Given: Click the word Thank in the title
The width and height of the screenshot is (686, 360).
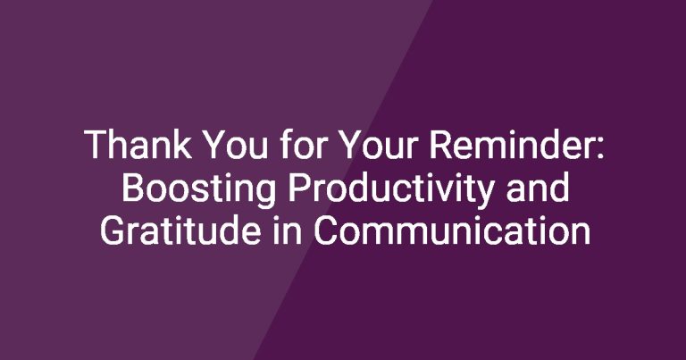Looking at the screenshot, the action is click(138, 145).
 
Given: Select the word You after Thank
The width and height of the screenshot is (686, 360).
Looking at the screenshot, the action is click(235, 145).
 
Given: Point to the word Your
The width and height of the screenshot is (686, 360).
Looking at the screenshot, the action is click(378, 145).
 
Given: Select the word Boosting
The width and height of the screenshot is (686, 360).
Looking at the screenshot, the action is click(198, 188).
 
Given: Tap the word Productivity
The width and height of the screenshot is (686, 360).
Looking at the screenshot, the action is click(390, 188).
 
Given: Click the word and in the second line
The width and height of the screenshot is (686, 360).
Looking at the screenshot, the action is click(537, 187).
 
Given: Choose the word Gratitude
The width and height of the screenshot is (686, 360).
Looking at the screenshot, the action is click(180, 230).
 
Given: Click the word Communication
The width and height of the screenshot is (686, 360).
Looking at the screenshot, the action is click(452, 230).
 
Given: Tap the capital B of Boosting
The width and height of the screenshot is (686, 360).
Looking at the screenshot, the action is click(133, 187).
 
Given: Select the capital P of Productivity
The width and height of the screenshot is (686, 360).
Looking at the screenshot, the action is click(299, 187).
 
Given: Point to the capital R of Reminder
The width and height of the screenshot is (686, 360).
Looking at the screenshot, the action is click(441, 145).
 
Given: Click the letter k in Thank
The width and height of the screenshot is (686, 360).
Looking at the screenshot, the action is click(182, 144).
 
